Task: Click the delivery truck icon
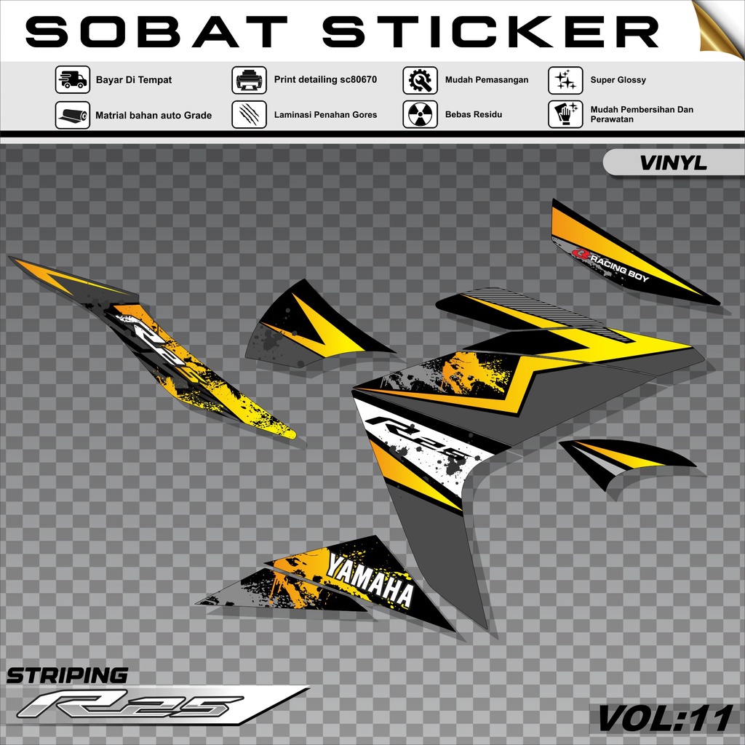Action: [73, 80]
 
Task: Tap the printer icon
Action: [249, 80]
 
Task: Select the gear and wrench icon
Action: [420, 80]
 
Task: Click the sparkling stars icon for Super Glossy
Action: [565, 80]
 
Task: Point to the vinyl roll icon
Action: [73, 115]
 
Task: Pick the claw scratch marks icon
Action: [249, 115]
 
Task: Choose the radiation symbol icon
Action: [420, 114]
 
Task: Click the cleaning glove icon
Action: [565, 114]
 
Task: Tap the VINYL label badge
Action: [673, 163]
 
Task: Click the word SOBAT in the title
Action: [156, 32]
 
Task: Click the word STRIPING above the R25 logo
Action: [67, 675]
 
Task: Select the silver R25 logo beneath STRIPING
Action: [131, 705]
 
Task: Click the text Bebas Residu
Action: [473, 114]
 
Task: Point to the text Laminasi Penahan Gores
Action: [325, 114]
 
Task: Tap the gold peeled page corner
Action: [719, 28]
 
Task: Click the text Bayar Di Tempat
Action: [134, 80]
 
